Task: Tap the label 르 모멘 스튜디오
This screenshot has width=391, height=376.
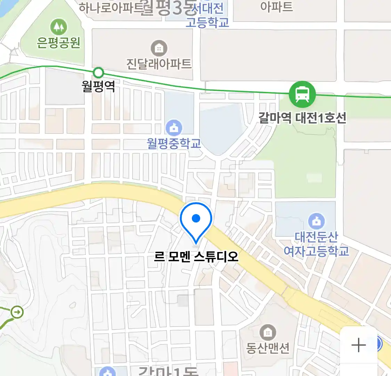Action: coord(196,257)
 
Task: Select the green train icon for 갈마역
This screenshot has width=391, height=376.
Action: coord(302,94)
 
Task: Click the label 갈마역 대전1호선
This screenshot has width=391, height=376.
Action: coord(302,118)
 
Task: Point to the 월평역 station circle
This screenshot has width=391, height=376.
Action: coord(99,73)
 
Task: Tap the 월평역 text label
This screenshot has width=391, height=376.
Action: coord(98,86)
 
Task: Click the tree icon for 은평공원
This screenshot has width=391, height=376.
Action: coord(58,27)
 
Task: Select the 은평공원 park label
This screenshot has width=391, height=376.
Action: coord(58,42)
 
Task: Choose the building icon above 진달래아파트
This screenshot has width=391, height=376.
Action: coord(159,48)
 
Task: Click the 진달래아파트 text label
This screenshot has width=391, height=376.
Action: coord(159,64)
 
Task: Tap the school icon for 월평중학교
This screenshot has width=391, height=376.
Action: coord(174,128)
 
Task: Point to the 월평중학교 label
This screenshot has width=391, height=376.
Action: coord(174,143)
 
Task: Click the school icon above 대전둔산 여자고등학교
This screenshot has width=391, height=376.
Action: coord(316,221)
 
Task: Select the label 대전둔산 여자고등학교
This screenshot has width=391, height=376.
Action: coord(316,244)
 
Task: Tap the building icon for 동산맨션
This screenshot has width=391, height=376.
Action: coord(268,332)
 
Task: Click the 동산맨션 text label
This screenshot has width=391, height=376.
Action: coord(268,348)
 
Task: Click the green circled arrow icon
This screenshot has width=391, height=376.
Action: coord(17,312)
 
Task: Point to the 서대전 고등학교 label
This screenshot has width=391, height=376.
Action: coord(207,15)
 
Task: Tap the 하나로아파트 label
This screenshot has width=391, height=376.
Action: coord(111,7)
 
